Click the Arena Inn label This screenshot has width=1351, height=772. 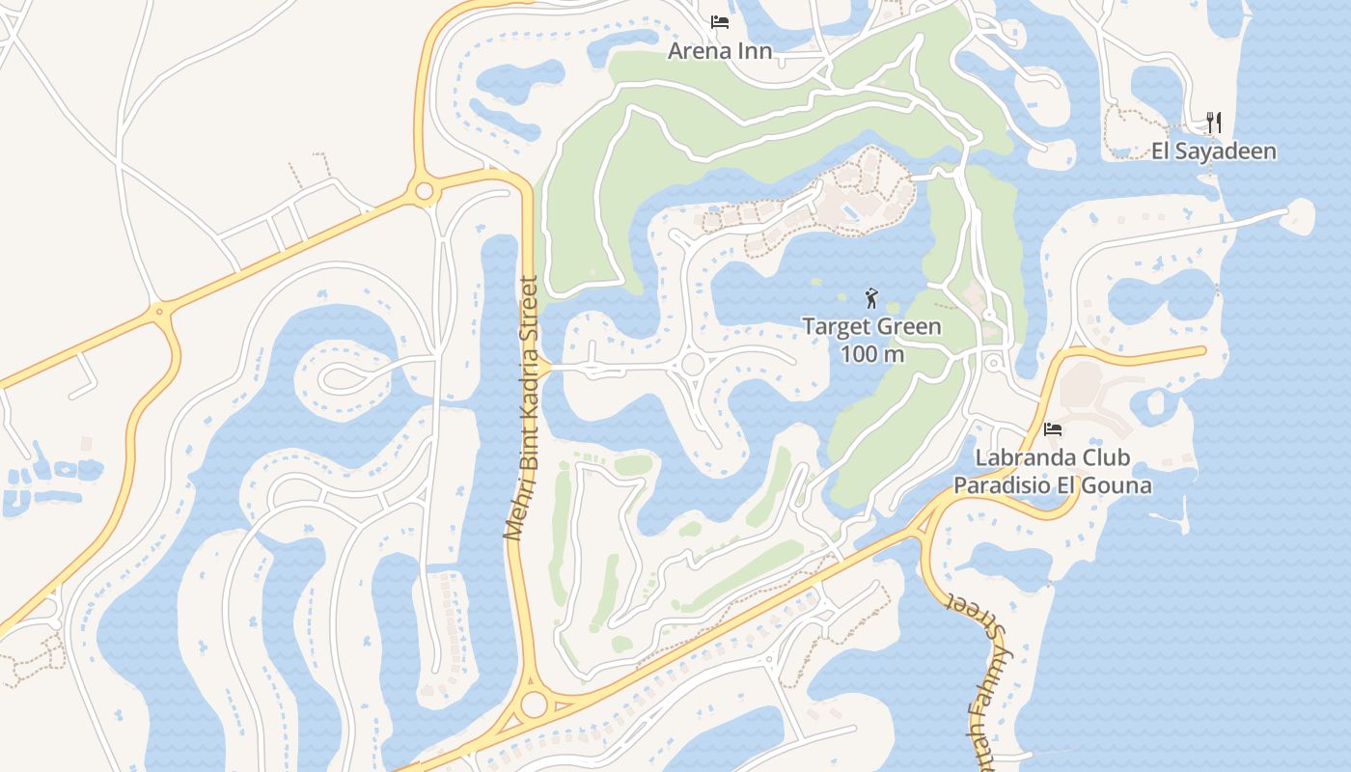point(720,50)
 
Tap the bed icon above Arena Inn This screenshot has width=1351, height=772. point(719,21)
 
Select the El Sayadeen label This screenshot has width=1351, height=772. point(1213,151)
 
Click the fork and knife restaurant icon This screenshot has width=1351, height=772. point(1214,123)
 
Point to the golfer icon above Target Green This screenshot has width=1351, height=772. point(871,298)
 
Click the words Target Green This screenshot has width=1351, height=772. point(871,326)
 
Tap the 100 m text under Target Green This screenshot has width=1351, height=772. point(871,354)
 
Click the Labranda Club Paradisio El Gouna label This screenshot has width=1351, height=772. point(1052,471)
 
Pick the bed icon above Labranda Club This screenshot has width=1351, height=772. point(1053,429)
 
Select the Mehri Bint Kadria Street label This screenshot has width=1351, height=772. point(521,408)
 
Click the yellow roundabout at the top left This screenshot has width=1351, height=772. point(424,191)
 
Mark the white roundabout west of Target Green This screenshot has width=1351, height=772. point(692,364)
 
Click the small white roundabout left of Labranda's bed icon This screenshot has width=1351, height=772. point(993,364)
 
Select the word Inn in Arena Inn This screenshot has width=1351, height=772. point(755,50)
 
